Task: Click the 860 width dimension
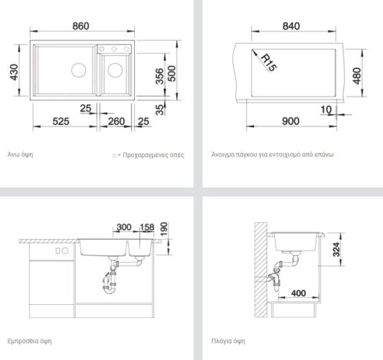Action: pyautogui.click(x=80, y=26)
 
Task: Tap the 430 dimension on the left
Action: pyautogui.click(x=15, y=72)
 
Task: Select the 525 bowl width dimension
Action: pyautogui.click(x=61, y=121)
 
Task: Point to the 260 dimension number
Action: pyautogui.click(x=116, y=121)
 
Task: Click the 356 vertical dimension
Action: pyautogui.click(x=160, y=76)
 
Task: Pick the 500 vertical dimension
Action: pyautogui.click(x=172, y=74)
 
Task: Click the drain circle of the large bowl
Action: pyautogui.click(x=79, y=70)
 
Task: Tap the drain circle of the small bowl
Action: pyautogui.click(x=115, y=70)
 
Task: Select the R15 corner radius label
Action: pyautogui.click(x=269, y=63)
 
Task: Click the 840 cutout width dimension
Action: pyautogui.click(x=291, y=26)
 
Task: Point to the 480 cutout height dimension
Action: pyautogui.click(x=357, y=76)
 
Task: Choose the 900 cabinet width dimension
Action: pyautogui.click(x=290, y=121)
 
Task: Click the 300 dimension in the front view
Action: pyautogui.click(x=124, y=227)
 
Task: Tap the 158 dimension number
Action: pyautogui.click(x=147, y=227)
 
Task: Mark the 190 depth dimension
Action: pyautogui.click(x=164, y=229)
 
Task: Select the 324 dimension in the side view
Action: pyautogui.click(x=336, y=250)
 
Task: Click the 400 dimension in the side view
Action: pyautogui.click(x=298, y=293)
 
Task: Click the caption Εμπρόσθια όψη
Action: pyautogui.click(x=29, y=341)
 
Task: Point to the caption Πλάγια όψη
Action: pyautogui.click(x=228, y=341)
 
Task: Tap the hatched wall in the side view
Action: pyautogui.click(x=260, y=270)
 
